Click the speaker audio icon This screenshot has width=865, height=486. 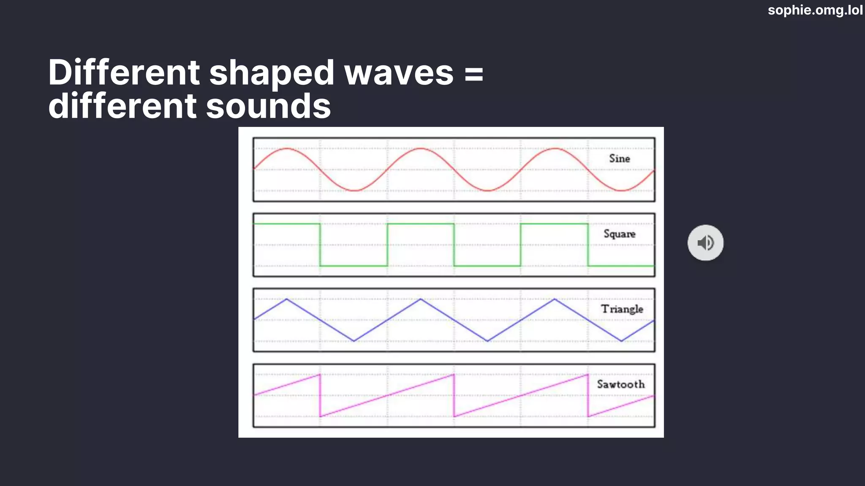[x=705, y=243]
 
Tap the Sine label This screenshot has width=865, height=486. [x=619, y=159]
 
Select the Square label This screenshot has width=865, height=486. [x=619, y=234]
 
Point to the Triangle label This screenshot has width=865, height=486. [x=622, y=309]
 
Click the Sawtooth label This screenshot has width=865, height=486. [x=620, y=384]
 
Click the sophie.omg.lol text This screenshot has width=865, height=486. [x=815, y=10]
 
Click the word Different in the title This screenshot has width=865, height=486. [x=124, y=72]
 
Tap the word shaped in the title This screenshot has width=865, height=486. [x=272, y=72]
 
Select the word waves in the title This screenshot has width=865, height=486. [x=399, y=73]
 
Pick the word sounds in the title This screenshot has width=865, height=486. [x=268, y=106]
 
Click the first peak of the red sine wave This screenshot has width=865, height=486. [x=287, y=148]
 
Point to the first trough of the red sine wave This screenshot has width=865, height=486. [x=354, y=191]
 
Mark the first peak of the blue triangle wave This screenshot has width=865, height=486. [x=287, y=299]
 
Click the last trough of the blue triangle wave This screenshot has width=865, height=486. [x=621, y=341]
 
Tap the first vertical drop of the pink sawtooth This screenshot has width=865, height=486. [x=320, y=395]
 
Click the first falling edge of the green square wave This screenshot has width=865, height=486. [x=320, y=245]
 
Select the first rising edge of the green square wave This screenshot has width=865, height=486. [x=387, y=245]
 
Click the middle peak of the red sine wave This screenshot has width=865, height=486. [x=421, y=148]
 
